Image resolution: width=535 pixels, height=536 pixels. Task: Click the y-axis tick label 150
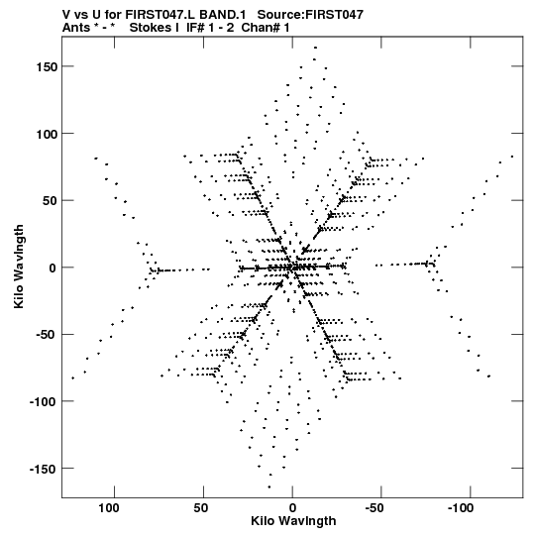[x=47, y=67]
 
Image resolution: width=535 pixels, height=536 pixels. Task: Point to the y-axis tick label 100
[x=47, y=134]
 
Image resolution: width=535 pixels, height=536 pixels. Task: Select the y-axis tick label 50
[x=50, y=201]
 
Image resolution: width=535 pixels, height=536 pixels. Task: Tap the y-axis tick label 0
[x=53, y=268]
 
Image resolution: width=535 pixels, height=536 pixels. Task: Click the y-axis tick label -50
[x=47, y=335]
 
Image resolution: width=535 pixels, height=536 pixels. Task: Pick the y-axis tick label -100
[x=43, y=402]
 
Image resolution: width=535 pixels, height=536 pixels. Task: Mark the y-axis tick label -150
[x=43, y=469]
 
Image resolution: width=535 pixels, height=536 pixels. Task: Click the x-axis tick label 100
[x=109, y=508]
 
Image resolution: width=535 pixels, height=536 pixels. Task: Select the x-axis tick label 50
[x=201, y=508]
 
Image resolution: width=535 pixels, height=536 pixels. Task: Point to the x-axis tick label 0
[x=292, y=508]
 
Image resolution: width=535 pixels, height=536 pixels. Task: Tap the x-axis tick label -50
[x=374, y=508]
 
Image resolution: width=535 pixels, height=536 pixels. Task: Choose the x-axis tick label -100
[x=461, y=508]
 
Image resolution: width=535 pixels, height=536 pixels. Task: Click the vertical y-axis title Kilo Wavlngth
[x=19, y=267]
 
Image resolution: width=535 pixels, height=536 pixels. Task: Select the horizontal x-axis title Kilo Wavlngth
[x=293, y=521]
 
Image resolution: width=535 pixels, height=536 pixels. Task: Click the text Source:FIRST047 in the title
[x=310, y=15]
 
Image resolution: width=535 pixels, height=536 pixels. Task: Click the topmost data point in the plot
[x=315, y=48]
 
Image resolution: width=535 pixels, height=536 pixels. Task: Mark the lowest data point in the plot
[x=269, y=486]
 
